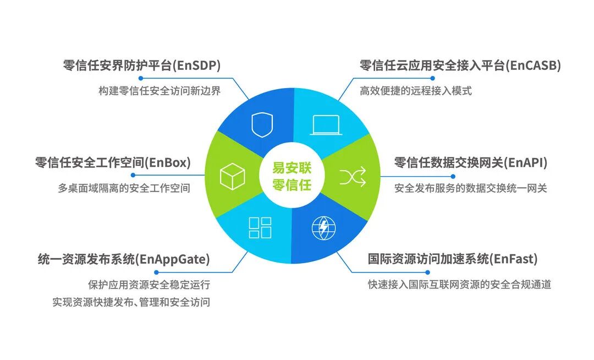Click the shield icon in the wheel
click(262, 125)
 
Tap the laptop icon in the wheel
click(326, 125)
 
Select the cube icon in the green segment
click(232, 177)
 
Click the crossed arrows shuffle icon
click(353, 177)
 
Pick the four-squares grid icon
click(260, 228)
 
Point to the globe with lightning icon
click(323, 228)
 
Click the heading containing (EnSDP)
click(142, 66)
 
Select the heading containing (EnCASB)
click(460, 66)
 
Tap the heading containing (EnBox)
click(113, 162)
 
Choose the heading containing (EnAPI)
click(471, 162)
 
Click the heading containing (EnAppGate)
click(124, 258)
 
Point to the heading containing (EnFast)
click(453, 258)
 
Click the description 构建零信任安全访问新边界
click(159, 91)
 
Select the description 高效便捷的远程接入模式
click(416, 91)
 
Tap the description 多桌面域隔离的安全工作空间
click(124, 188)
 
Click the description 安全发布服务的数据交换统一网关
click(471, 188)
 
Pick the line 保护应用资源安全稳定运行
click(148, 285)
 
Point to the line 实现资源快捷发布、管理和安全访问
click(131, 302)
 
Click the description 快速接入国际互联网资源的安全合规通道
click(460, 285)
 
